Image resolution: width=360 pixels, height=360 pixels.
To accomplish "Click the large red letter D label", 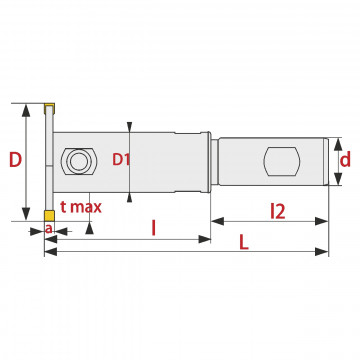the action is pos(15,159).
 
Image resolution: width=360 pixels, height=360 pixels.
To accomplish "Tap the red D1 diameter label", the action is pos(120,160).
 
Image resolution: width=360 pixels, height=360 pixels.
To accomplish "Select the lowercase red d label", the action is pos(345,160).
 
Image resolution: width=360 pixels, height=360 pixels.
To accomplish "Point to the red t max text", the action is pos(81,207).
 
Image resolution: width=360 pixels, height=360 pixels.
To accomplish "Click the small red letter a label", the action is pos(49,229).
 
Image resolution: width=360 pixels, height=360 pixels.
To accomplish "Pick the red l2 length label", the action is pos(278,211).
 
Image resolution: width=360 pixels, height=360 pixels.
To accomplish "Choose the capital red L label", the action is pos(244,242).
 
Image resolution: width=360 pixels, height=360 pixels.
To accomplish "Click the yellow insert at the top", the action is pos(49,108).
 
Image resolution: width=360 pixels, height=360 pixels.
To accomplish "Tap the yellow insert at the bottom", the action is pos(49,215).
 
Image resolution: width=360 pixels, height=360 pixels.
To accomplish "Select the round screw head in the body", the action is pos(79,162).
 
